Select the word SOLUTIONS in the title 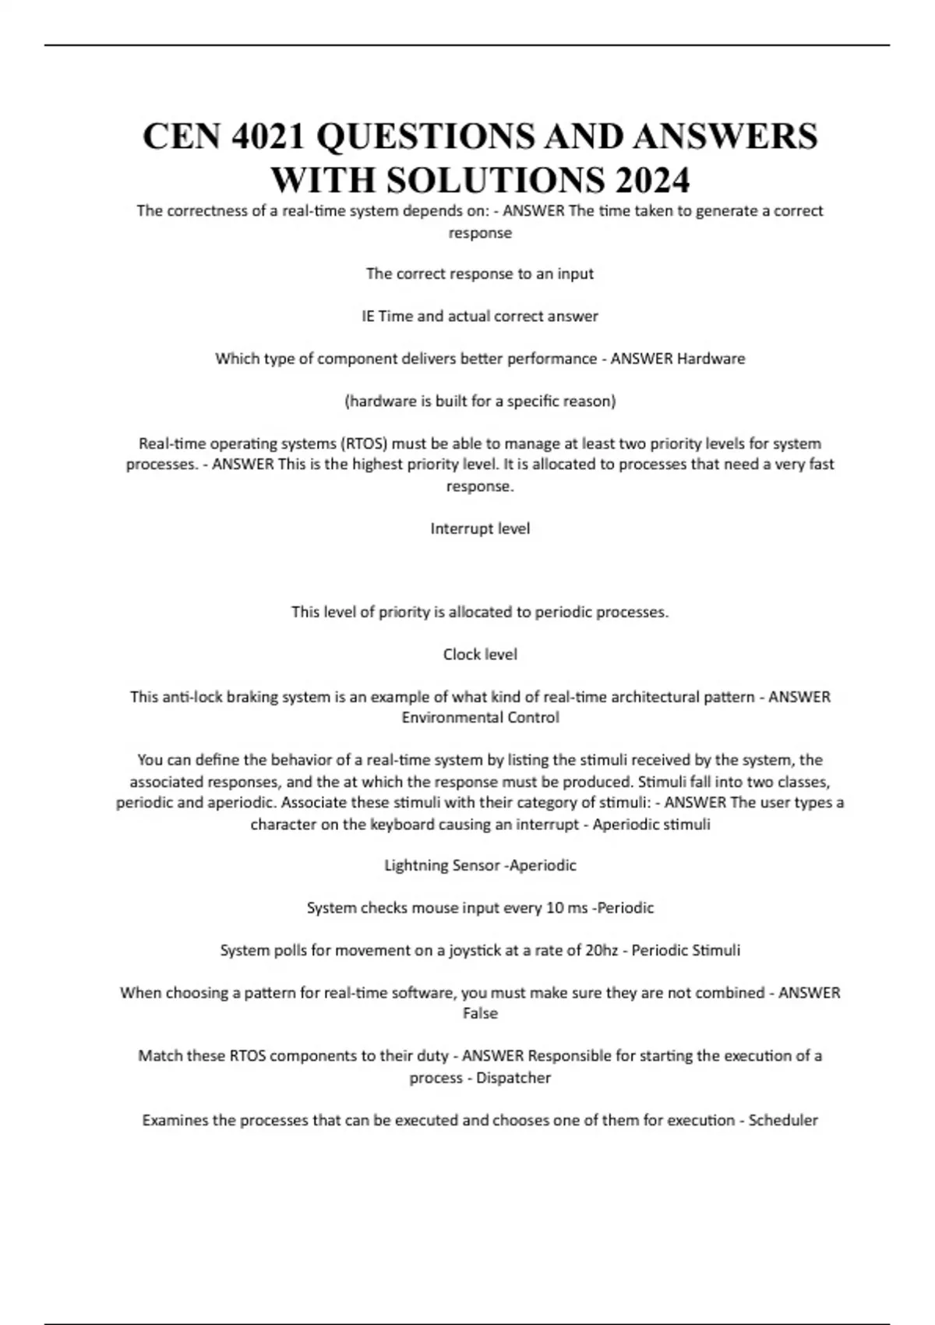495,181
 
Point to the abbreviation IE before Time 368,316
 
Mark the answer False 480,1014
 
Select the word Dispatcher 513,1078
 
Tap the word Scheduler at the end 783,1121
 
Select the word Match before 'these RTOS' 160,1057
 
